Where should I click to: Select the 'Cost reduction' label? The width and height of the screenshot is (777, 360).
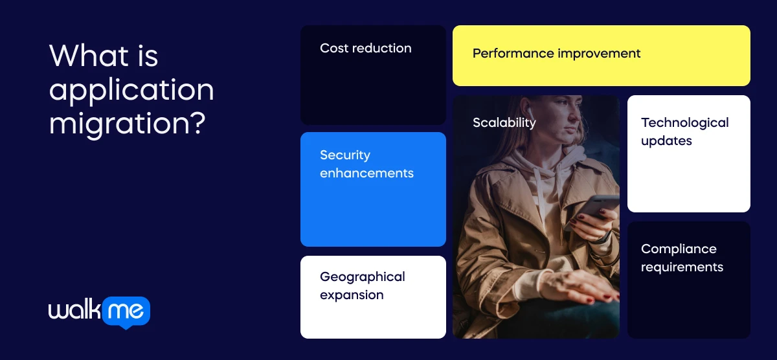pyautogui.click(x=366, y=48)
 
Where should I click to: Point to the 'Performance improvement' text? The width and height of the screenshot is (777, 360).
pyautogui.click(x=556, y=54)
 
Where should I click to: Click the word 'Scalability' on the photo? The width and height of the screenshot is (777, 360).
pyautogui.click(x=504, y=123)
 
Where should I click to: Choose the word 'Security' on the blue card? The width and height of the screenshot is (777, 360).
pyautogui.click(x=345, y=155)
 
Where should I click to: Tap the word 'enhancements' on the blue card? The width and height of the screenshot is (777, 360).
pyautogui.click(x=366, y=173)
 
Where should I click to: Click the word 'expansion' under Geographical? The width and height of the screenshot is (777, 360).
pyautogui.click(x=352, y=295)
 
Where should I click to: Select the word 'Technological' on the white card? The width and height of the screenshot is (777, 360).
pyautogui.click(x=685, y=123)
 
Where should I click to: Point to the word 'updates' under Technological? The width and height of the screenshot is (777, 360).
pyautogui.click(x=666, y=141)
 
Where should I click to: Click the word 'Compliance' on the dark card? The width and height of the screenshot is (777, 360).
pyautogui.click(x=679, y=249)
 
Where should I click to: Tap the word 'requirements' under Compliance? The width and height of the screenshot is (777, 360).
pyautogui.click(x=682, y=267)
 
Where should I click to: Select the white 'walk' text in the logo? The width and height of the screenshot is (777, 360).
pyautogui.click(x=74, y=309)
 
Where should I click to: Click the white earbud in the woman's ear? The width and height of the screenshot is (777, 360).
pyautogui.click(x=530, y=111)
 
